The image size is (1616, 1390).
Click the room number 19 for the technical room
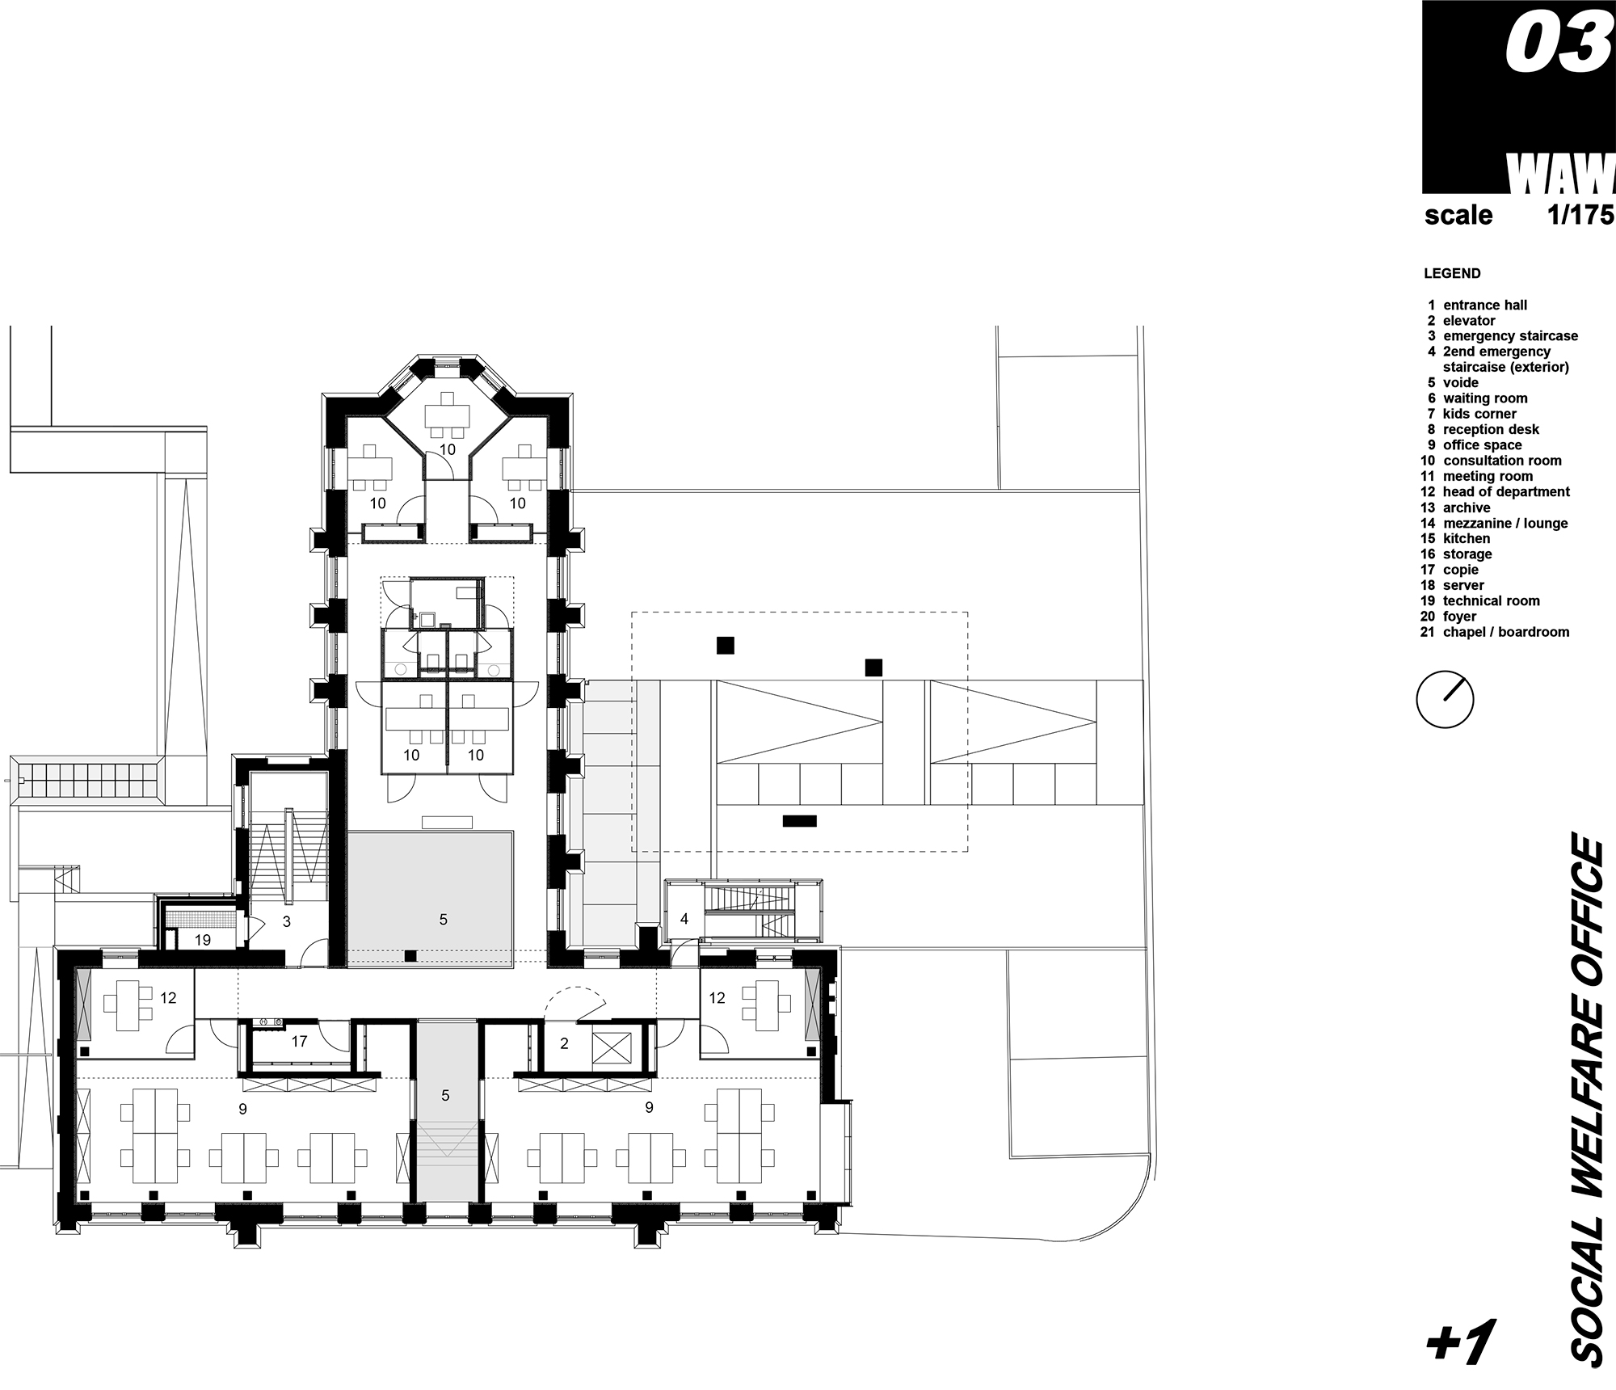(x=202, y=940)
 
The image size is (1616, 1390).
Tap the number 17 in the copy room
(x=299, y=1041)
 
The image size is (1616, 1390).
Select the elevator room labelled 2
(x=564, y=1043)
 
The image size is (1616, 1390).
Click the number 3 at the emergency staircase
(x=286, y=921)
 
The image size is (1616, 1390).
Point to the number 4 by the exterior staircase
(x=684, y=919)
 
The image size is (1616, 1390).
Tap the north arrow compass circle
(x=1446, y=700)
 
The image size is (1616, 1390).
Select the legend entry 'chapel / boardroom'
(x=1505, y=632)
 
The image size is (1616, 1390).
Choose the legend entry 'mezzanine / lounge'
(x=1504, y=523)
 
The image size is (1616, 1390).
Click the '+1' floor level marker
(x=1460, y=1342)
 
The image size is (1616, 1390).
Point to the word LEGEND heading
(x=1452, y=273)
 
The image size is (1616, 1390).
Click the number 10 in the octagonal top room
(x=447, y=449)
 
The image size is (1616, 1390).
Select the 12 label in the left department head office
(x=168, y=997)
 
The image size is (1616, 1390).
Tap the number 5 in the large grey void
(x=443, y=919)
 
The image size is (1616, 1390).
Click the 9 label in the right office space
(x=649, y=1107)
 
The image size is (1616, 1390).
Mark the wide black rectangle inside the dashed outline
(x=799, y=821)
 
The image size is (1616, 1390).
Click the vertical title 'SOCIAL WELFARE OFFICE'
(x=1587, y=1104)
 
